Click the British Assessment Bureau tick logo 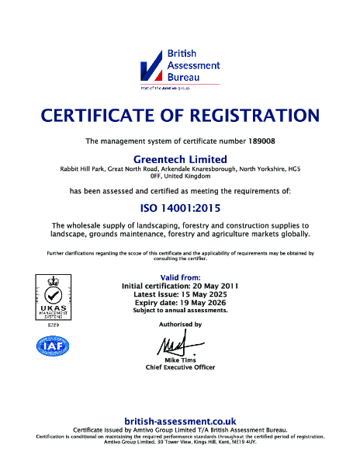coord(151,69)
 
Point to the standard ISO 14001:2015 coord(179,207)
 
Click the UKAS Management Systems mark coord(48,297)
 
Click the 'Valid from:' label coord(179,277)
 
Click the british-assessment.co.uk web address coord(179,420)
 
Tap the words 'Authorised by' coord(179,324)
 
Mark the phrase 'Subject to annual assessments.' coord(179,311)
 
